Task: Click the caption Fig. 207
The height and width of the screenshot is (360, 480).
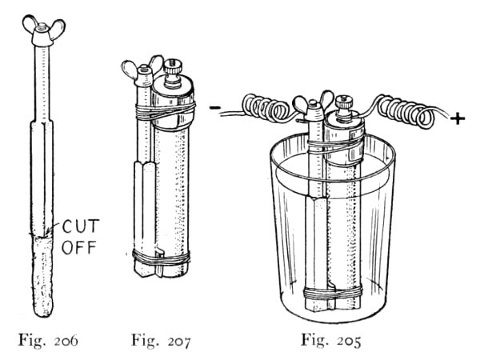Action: click(162, 339)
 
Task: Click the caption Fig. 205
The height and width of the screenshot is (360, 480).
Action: click(332, 339)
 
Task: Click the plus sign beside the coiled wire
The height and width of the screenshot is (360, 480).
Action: click(458, 119)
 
